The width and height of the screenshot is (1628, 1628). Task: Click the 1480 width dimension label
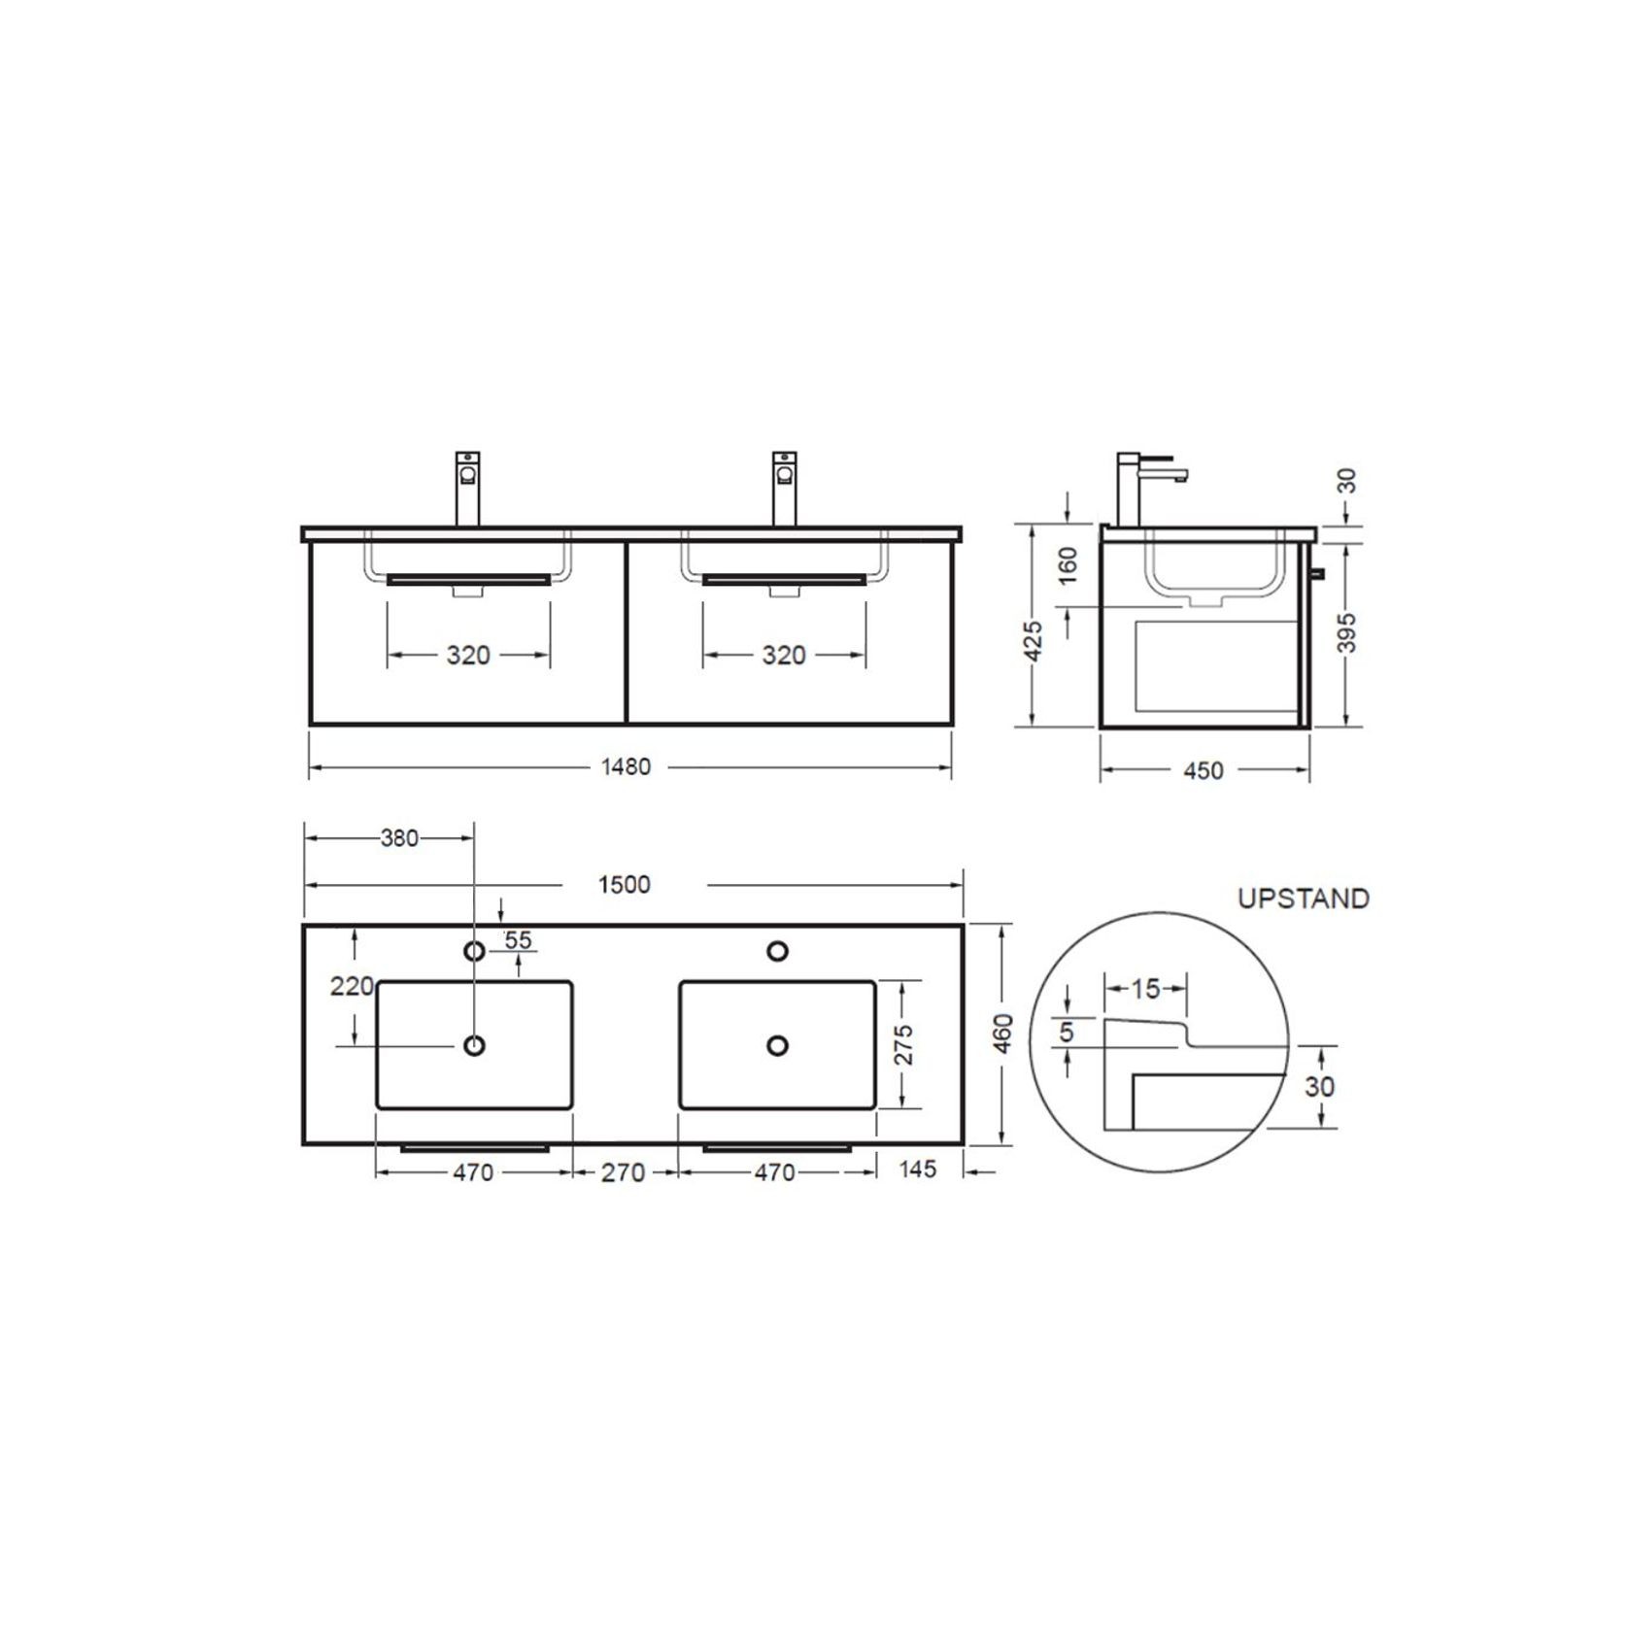point(626,767)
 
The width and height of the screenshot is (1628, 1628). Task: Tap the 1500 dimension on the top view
point(624,885)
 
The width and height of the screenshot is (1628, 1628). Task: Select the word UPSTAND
point(1304,899)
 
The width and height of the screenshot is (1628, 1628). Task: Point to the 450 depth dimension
point(1204,771)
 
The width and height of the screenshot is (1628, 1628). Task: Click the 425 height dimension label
point(1034,641)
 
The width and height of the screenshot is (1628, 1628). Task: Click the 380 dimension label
point(399,838)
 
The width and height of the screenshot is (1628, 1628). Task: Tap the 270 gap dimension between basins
point(623,1173)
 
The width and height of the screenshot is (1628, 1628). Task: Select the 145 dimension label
point(917,1170)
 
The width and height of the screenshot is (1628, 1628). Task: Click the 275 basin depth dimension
point(904,1045)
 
